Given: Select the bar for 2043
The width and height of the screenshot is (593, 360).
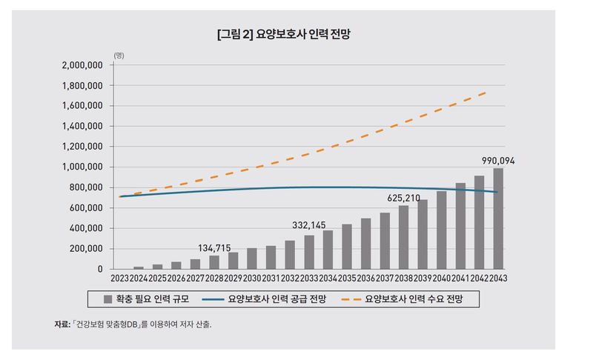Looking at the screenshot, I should (497, 219).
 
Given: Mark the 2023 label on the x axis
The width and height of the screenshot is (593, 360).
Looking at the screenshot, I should (120, 278).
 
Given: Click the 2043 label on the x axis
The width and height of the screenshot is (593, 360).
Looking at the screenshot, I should (498, 278).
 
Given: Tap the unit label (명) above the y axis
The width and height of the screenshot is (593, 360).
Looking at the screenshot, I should (119, 56).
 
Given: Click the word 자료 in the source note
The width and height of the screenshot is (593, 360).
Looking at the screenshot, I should (61, 324).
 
